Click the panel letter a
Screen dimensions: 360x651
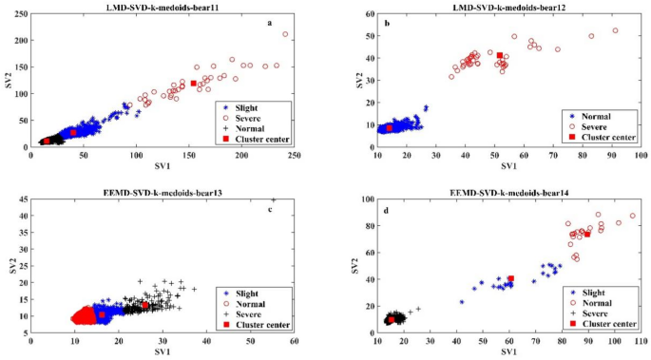269,24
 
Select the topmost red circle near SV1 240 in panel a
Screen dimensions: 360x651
284,34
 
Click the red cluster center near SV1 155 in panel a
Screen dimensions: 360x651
193,84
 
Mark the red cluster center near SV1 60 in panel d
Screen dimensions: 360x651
510,278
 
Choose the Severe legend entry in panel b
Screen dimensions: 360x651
590,124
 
